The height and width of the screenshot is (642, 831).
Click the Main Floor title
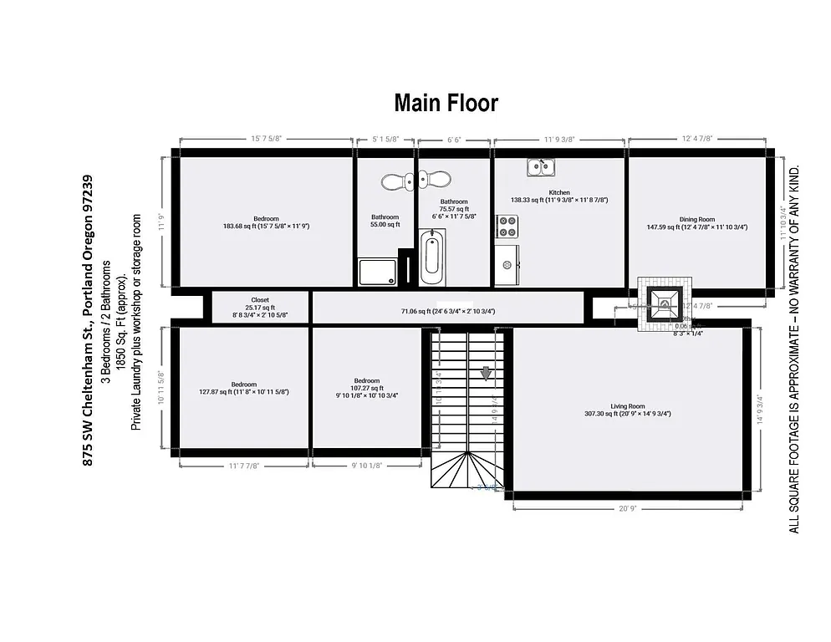446,103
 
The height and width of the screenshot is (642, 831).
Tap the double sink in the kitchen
543,169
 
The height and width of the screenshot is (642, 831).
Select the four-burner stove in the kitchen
507,226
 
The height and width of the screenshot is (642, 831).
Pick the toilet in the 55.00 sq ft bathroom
393,180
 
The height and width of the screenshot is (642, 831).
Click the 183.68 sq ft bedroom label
267,222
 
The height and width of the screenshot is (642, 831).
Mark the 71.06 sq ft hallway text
448,312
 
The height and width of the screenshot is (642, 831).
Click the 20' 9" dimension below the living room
627,507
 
